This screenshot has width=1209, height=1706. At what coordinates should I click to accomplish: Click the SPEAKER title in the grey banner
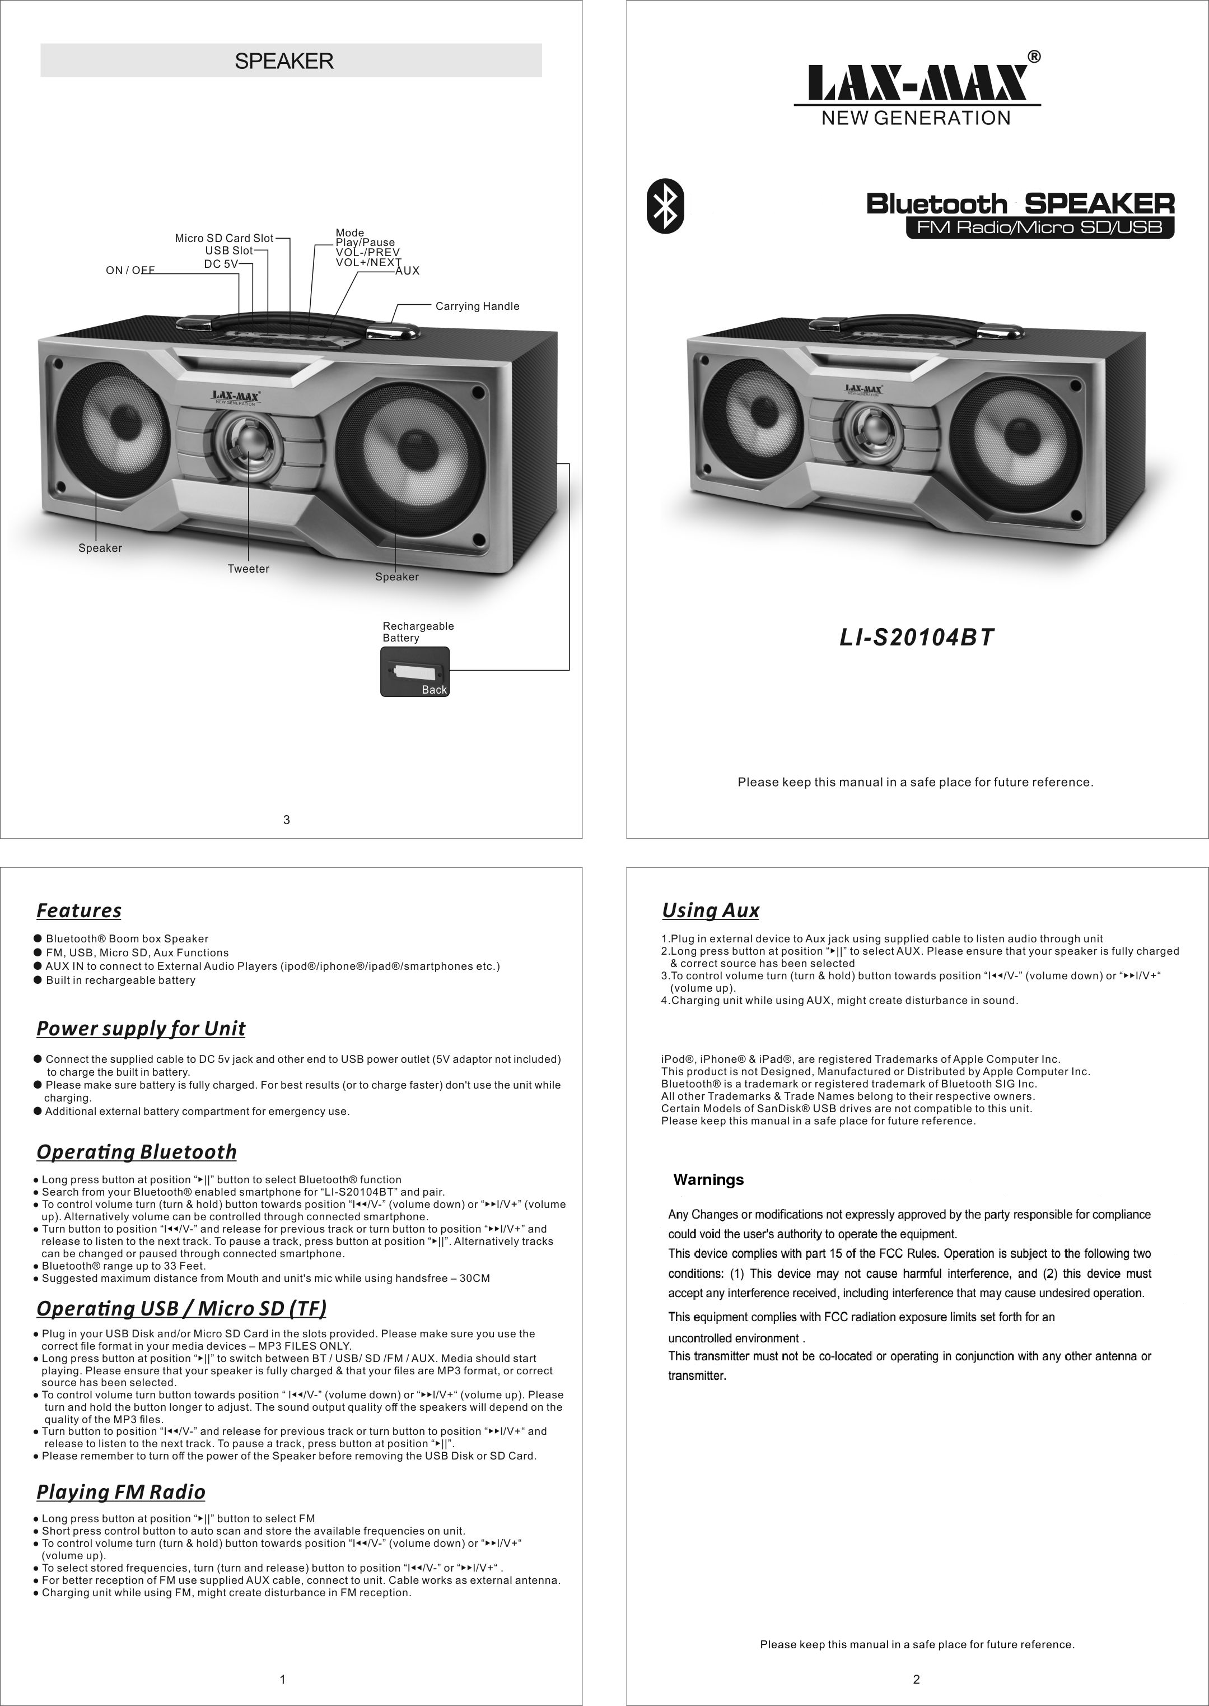point(284,61)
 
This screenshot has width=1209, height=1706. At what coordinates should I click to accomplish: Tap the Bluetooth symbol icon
point(665,206)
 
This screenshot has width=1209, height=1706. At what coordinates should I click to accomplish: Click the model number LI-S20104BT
point(917,638)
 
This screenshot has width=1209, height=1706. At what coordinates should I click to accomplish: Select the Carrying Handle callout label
point(477,306)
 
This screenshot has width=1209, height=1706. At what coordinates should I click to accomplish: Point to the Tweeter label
point(249,569)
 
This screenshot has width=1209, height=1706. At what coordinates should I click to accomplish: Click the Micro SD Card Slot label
point(224,238)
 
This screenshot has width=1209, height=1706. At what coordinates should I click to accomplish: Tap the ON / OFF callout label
point(130,270)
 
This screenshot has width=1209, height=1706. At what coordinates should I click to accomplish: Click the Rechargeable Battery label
point(418,631)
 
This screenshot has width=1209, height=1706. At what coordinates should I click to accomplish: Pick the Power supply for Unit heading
point(141,1029)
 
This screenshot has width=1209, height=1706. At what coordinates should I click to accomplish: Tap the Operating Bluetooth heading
point(136,1152)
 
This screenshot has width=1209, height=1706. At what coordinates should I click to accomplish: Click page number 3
point(287,820)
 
